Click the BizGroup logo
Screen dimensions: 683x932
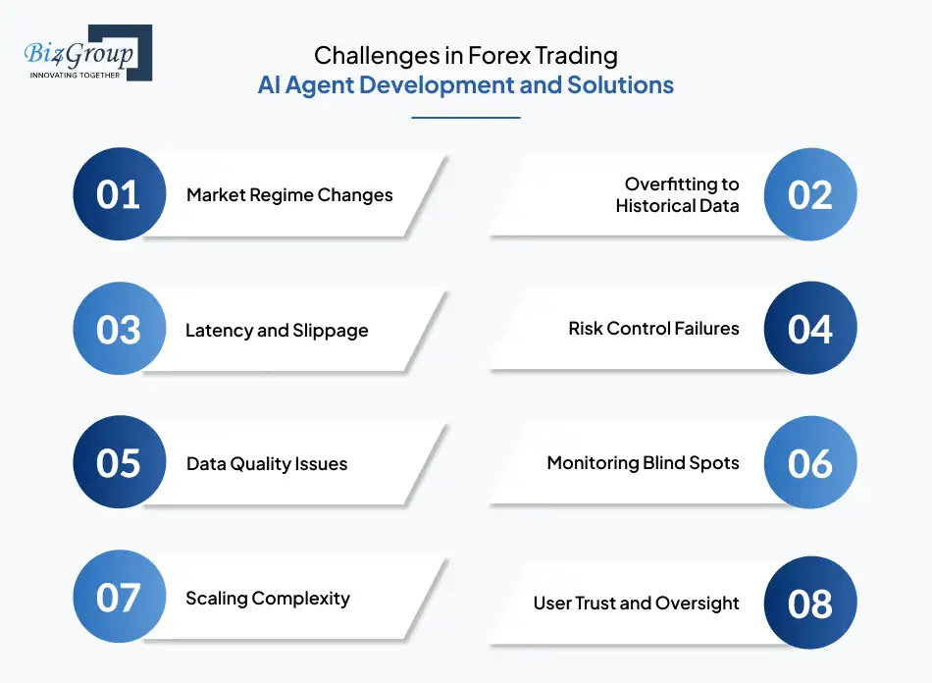[x=86, y=53]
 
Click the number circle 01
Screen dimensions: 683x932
[x=119, y=194]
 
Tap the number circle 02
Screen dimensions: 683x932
[x=810, y=194]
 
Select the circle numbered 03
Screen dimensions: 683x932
[x=119, y=329]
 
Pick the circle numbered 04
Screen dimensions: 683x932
[x=810, y=329]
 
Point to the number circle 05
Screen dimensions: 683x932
[x=119, y=463]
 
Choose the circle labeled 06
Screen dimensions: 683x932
[x=810, y=463]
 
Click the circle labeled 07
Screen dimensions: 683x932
[x=119, y=598]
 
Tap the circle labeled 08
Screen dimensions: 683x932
[x=810, y=603]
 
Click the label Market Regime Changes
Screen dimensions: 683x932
[x=289, y=195]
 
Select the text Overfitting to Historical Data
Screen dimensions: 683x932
[x=677, y=194]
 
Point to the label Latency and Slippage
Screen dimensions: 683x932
[x=277, y=330]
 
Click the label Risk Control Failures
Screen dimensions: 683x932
[x=653, y=329]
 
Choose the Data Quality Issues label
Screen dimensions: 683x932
[x=267, y=464]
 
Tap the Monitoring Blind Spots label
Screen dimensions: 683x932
[x=643, y=463]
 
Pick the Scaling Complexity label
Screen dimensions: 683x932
[x=267, y=599]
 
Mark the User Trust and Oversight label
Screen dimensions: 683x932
[x=636, y=603]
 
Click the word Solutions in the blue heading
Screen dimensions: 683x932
[x=620, y=85]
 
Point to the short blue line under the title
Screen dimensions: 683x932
[x=466, y=118]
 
